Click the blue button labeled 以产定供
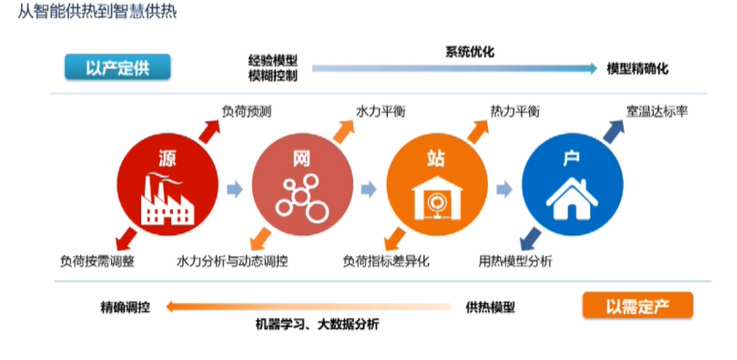coord(118,67)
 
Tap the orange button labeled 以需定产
coord(638,305)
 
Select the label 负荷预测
coord(246,112)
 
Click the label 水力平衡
coord(381,112)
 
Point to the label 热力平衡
coord(515,112)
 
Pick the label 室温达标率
coord(657,112)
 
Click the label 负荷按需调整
coord(97,261)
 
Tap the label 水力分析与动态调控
coord(232,261)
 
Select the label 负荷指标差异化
coord(386,261)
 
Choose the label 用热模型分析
coord(516,261)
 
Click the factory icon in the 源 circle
coord(167,199)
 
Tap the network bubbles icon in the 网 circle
coord(302,197)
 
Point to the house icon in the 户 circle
coord(572,198)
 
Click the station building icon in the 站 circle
coord(437,198)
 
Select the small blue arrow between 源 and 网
coord(235,189)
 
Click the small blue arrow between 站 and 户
coord(504,189)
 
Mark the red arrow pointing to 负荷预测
coord(209,131)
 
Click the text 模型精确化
coord(637,69)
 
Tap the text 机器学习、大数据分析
coord(317,324)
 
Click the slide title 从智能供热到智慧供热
coord(97,12)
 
